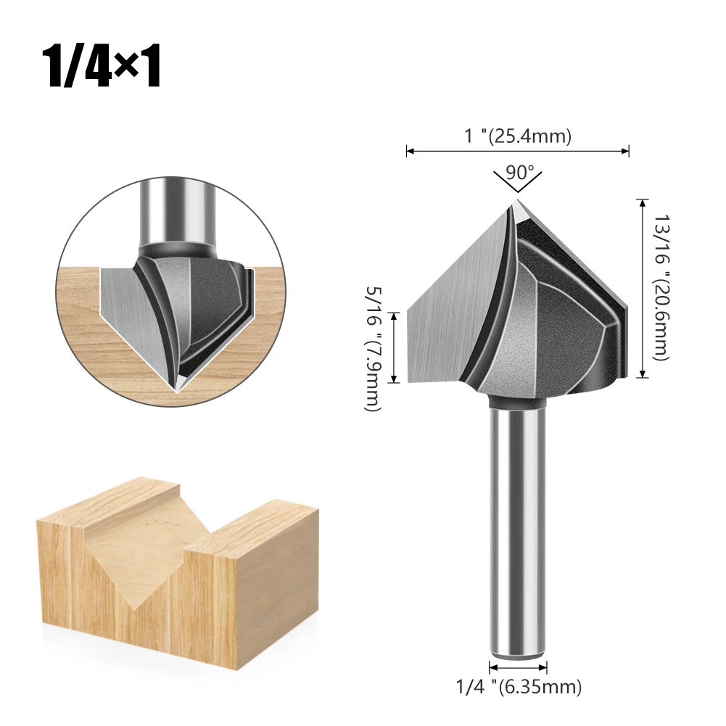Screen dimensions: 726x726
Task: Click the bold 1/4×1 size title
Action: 102,66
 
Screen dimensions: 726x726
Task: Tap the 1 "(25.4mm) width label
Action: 518,136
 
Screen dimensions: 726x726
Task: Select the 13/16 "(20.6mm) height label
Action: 661,287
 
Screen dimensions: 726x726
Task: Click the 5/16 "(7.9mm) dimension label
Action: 374,348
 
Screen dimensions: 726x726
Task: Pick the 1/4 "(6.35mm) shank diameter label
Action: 519,687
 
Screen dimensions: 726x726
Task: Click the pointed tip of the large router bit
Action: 517,200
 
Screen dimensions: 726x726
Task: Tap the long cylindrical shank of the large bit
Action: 518,528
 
